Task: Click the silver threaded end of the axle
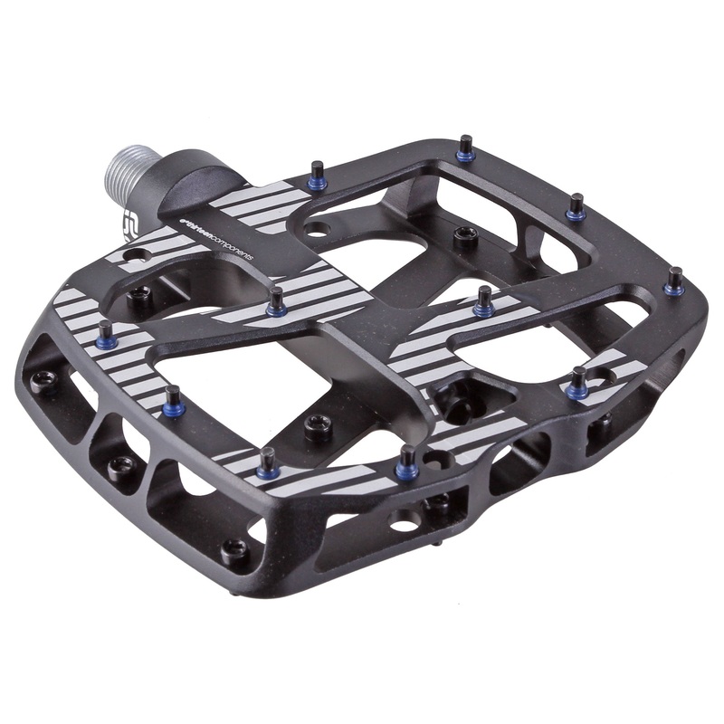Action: click(128, 171)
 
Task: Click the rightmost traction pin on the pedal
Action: click(674, 280)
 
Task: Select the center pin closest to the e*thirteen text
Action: click(276, 301)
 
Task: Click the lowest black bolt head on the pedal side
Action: click(234, 548)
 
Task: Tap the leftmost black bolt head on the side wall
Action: click(40, 378)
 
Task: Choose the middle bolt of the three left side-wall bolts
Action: click(119, 466)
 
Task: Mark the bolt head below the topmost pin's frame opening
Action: click(467, 237)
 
